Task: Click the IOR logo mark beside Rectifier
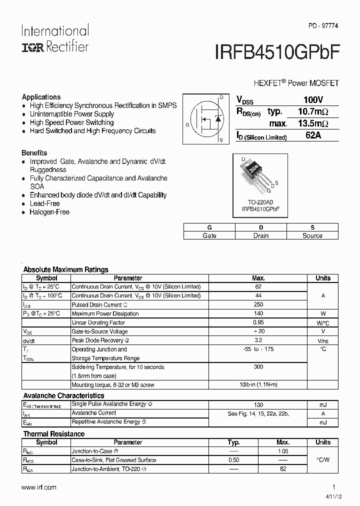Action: [32, 47]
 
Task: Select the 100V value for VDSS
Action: [313, 100]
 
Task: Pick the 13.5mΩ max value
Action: [313, 123]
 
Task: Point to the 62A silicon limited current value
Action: [313, 135]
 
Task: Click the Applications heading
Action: [41, 97]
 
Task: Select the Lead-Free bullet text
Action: [44, 203]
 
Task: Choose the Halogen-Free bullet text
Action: [49, 212]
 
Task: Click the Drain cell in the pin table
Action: [260, 235]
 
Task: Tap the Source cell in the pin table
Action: [312, 235]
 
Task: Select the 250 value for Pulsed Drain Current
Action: [258, 304]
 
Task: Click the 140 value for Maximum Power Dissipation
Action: [258, 313]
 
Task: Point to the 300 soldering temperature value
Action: [258, 367]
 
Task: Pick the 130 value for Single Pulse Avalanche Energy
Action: [258, 404]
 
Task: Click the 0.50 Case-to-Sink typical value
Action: [233, 460]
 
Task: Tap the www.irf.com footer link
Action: [39, 487]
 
